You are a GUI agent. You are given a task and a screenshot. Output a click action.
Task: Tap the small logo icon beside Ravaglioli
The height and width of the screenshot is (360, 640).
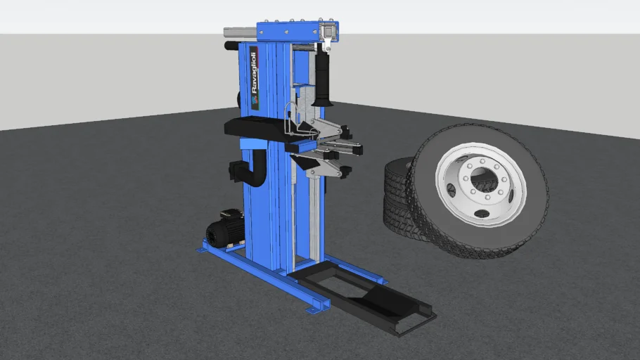click(255, 101)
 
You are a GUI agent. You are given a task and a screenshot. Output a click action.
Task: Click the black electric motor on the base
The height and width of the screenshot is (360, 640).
click(225, 228)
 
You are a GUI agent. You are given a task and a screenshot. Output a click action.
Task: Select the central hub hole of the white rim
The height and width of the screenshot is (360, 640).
click(481, 179)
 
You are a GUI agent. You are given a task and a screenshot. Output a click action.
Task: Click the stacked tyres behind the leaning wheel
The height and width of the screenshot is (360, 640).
click(398, 196)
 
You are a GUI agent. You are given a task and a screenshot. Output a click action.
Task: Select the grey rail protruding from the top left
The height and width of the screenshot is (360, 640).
click(240, 32)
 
